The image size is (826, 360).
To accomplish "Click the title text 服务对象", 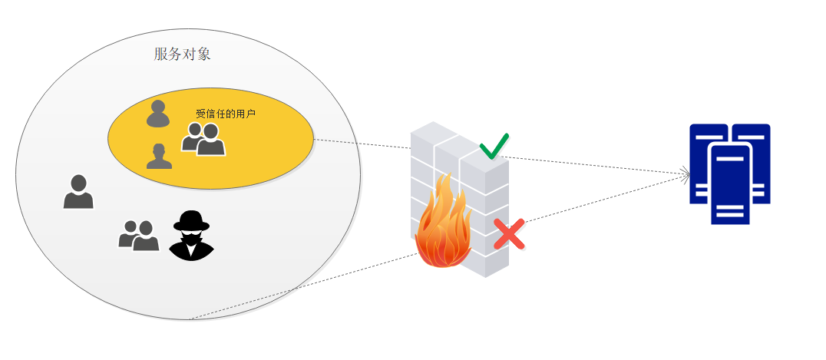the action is (182, 54).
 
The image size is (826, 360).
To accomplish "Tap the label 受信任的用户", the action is (226, 114).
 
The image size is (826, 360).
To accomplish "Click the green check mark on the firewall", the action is (494, 146).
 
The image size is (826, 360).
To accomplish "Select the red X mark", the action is (509, 234).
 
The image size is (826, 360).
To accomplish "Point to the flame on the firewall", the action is (442, 224).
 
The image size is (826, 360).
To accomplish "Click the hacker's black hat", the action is (191, 221).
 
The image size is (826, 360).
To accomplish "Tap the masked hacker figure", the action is (191, 235).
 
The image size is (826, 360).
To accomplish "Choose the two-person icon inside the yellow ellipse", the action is (203, 139).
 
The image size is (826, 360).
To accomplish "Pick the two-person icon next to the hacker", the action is (138, 236).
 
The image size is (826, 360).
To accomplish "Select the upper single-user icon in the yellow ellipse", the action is (158, 114).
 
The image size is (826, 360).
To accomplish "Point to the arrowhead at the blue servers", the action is (686, 174).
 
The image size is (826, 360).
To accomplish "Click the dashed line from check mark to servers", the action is (595, 165).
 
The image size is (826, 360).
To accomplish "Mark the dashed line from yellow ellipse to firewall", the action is (362, 144).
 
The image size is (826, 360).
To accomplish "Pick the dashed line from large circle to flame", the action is (304, 286).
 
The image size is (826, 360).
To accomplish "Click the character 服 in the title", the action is (160, 54).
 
